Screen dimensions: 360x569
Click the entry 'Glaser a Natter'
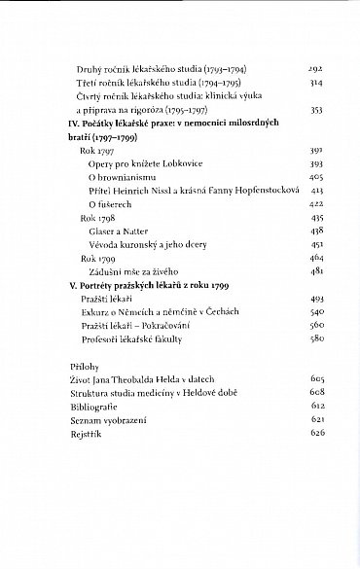click(x=114, y=232)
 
